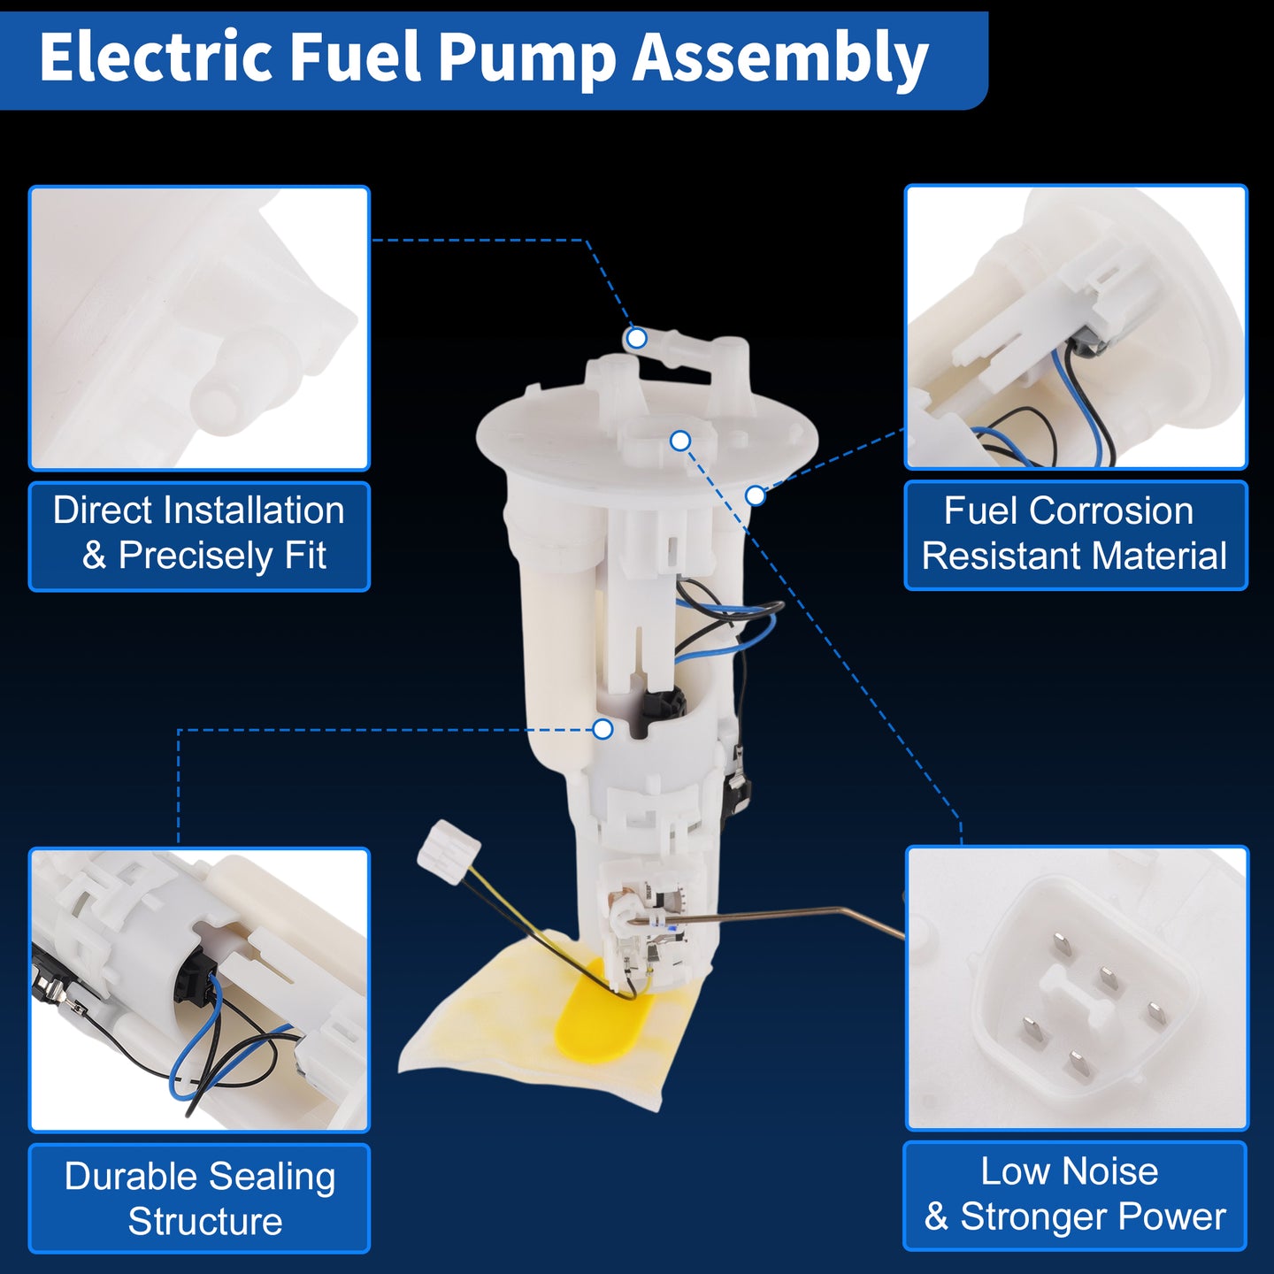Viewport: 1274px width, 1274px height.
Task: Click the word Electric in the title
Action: click(156, 58)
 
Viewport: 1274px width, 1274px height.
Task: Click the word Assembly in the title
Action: click(781, 61)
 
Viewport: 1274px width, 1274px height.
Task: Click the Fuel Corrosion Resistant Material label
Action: click(1075, 535)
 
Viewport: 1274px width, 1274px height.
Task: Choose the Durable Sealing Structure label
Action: click(199, 1198)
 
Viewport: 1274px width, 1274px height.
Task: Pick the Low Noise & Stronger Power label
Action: click(1075, 1196)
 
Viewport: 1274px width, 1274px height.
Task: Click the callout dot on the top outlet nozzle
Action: click(636, 338)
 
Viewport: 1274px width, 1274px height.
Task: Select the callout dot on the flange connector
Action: click(680, 441)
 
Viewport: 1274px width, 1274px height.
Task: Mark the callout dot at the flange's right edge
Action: click(755, 495)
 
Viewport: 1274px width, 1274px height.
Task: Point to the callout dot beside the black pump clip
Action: click(602, 729)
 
